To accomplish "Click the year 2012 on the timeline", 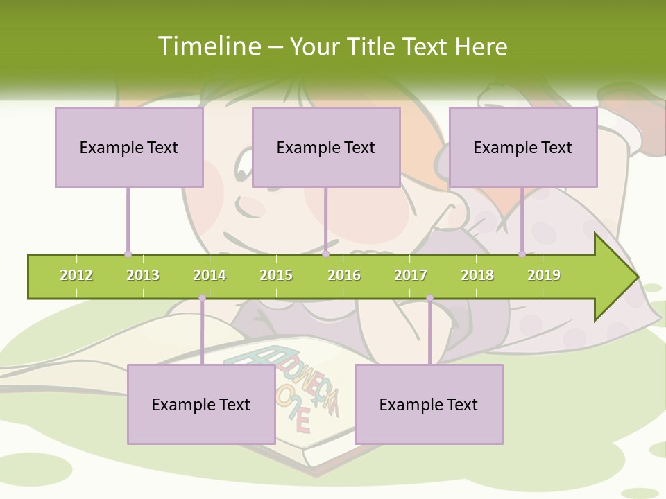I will (x=76, y=275).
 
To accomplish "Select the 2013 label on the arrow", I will (x=143, y=275).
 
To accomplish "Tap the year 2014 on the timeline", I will (x=210, y=275).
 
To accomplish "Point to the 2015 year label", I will (x=276, y=275).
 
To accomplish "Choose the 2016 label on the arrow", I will (x=344, y=275).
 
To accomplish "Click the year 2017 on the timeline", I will (x=411, y=275).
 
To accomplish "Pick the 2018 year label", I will (x=477, y=275).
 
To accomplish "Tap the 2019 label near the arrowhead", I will (x=544, y=275).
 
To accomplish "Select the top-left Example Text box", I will (x=129, y=147).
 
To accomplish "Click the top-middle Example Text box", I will (x=326, y=147).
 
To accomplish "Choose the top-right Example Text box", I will (x=523, y=147).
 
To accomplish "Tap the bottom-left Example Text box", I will (x=201, y=404).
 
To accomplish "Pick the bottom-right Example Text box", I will (x=429, y=404).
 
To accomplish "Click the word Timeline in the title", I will (x=208, y=46).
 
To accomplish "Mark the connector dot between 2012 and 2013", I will (x=128, y=254).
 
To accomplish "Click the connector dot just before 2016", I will (x=325, y=254).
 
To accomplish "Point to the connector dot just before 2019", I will (x=522, y=254).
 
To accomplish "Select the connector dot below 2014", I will (x=202, y=298).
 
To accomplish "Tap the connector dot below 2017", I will (x=429, y=298).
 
